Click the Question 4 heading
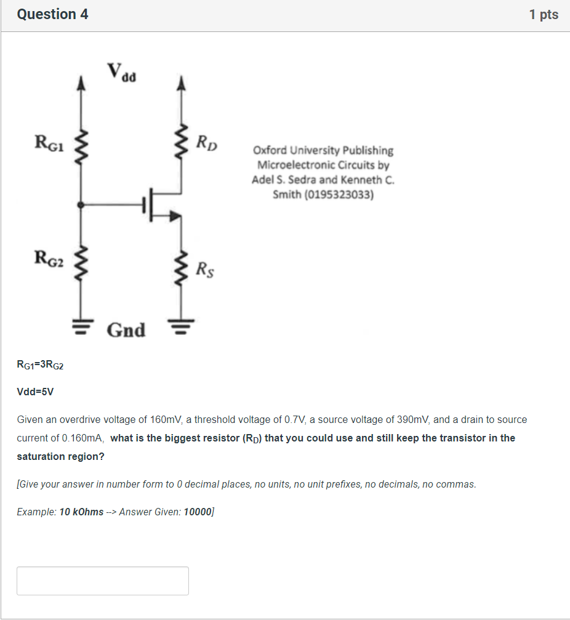(x=53, y=14)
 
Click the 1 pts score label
(x=544, y=14)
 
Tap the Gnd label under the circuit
(x=126, y=330)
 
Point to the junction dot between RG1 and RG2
(x=80, y=204)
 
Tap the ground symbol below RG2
(x=80, y=323)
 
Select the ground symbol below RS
(x=181, y=323)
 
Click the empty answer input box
(x=103, y=581)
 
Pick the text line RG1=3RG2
(x=40, y=364)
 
